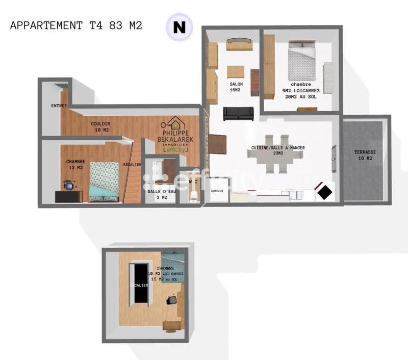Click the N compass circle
coord(179,27)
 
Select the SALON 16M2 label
coord(236,87)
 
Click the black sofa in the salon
coord(238,114)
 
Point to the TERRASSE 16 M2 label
coord(365,156)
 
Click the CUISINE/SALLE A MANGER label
coord(278,151)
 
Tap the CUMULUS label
coord(218,191)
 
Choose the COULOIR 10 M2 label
coord(101,127)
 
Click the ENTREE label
coord(60,106)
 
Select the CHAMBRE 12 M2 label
coord(75,165)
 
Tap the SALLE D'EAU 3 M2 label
coord(158,194)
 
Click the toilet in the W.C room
coord(193,196)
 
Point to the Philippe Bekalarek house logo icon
coord(175,124)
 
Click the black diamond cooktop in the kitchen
coord(324,192)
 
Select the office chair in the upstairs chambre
coord(172,301)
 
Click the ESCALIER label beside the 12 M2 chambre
coord(132,165)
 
